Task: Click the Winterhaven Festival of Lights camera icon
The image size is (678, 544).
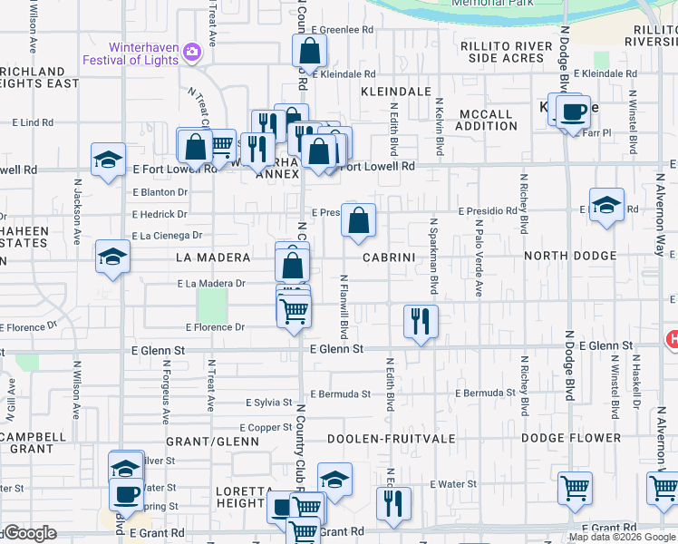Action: coord(190,52)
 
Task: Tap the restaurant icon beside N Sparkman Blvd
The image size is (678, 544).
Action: coord(421,320)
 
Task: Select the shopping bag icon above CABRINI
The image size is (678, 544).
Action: coord(359,219)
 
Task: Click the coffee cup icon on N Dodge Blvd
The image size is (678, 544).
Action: coord(573,112)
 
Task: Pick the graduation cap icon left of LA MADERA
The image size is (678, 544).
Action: coord(113,257)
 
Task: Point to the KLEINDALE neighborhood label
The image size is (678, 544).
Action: coord(395,92)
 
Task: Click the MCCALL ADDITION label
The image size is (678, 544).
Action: coord(488,120)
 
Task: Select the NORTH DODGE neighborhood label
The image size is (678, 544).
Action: coord(570,257)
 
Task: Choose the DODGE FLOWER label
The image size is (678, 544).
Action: coord(569,439)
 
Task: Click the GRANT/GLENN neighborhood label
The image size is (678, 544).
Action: coord(218,442)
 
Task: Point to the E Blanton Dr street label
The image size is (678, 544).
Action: coord(160,192)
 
